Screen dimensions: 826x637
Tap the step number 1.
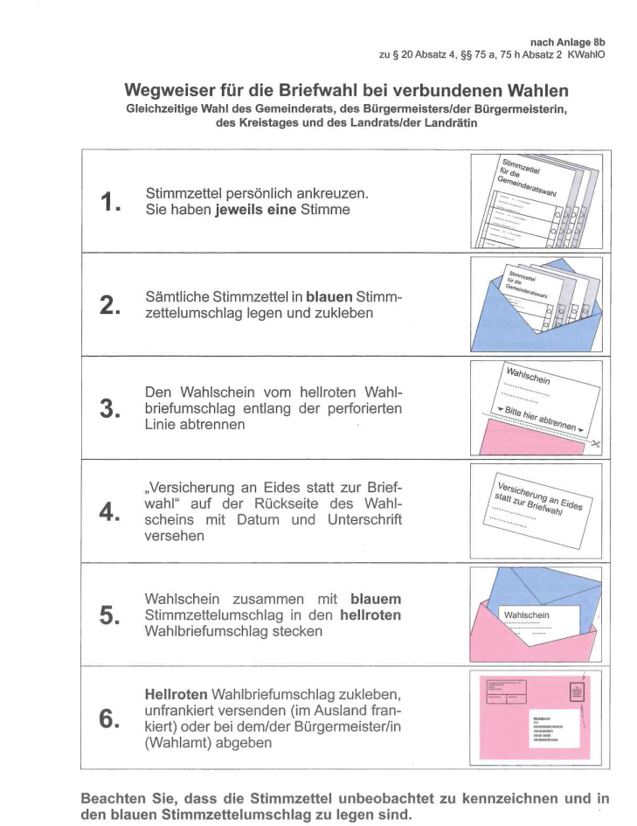(x=109, y=203)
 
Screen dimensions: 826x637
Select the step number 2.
(x=109, y=306)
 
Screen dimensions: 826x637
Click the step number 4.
(x=109, y=512)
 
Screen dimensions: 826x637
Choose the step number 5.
(x=109, y=615)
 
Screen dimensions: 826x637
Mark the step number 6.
(x=109, y=718)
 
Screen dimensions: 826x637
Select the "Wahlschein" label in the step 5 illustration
(x=528, y=614)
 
